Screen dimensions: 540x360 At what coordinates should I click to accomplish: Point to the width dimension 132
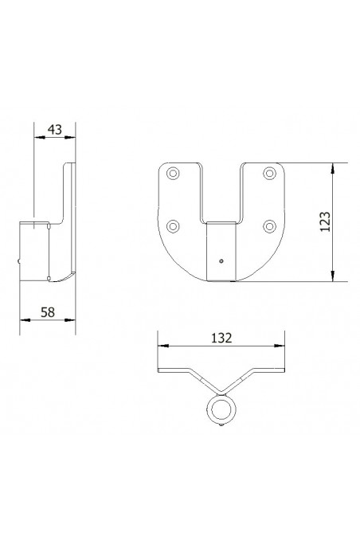coord(221,338)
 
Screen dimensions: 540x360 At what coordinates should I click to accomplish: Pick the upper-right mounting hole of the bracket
coord(271,173)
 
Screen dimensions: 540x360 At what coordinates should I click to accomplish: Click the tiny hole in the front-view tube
coord(222,260)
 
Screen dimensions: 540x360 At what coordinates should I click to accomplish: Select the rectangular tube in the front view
coord(222,252)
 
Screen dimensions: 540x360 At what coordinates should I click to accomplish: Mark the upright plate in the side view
coord(69,215)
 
